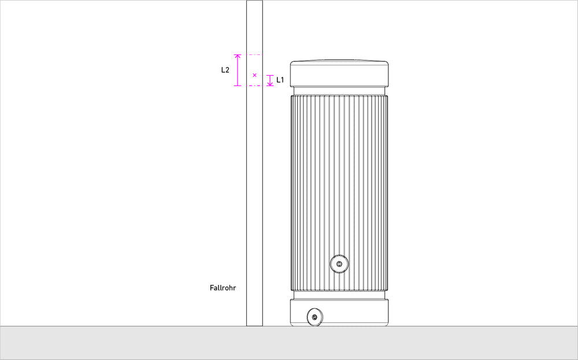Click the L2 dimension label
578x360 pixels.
225,70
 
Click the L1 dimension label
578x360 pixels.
280,80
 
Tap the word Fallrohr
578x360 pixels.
223,288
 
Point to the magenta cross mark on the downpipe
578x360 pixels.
254,75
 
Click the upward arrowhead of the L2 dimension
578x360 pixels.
238,57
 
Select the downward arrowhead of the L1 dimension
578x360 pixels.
270,84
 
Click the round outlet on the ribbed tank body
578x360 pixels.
339,264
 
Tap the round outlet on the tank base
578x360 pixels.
315,317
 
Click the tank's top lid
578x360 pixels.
339,73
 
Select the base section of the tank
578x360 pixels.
339,313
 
